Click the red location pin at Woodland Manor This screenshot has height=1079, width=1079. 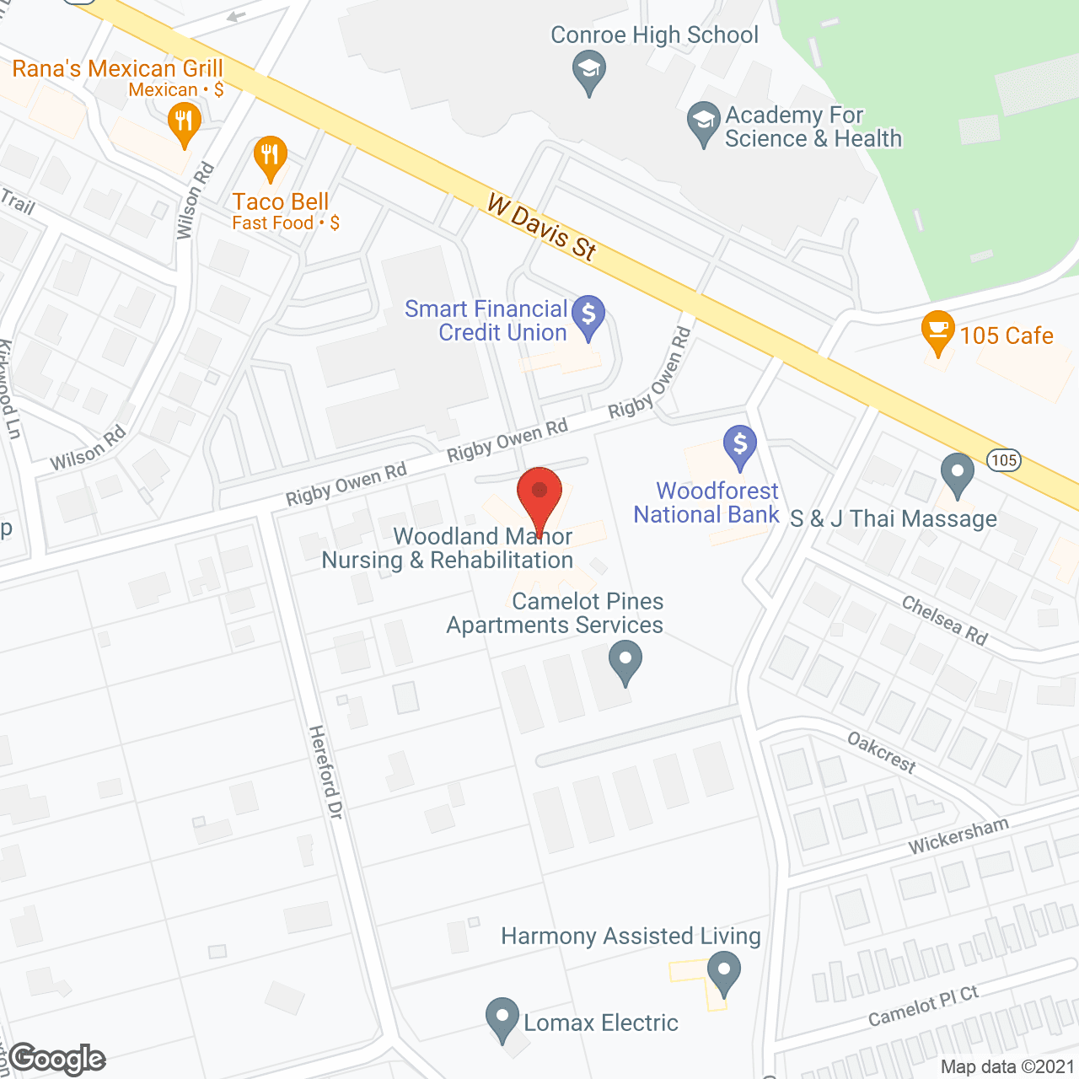pyautogui.click(x=539, y=493)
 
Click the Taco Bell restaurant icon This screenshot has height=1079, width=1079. pyautogui.click(x=270, y=156)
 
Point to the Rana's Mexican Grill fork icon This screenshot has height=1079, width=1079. pyautogui.click(x=185, y=123)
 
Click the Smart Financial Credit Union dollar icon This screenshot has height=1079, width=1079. pyautogui.click(x=588, y=315)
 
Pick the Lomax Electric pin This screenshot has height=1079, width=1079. pyautogui.click(x=502, y=1017)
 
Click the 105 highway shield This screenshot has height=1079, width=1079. pyautogui.click(x=1004, y=460)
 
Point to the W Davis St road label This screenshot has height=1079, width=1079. pyautogui.click(x=542, y=227)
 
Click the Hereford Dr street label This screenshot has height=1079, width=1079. pyautogui.click(x=325, y=771)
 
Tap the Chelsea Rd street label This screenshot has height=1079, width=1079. pyautogui.click(x=944, y=620)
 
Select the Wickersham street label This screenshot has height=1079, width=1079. pyautogui.click(x=958, y=836)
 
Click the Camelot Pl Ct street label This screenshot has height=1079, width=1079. pyautogui.click(x=923, y=1007)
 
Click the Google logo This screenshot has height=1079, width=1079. pyautogui.click(x=57, y=1059)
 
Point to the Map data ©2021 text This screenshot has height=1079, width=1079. pyautogui.click(x=1007, y=1067)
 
